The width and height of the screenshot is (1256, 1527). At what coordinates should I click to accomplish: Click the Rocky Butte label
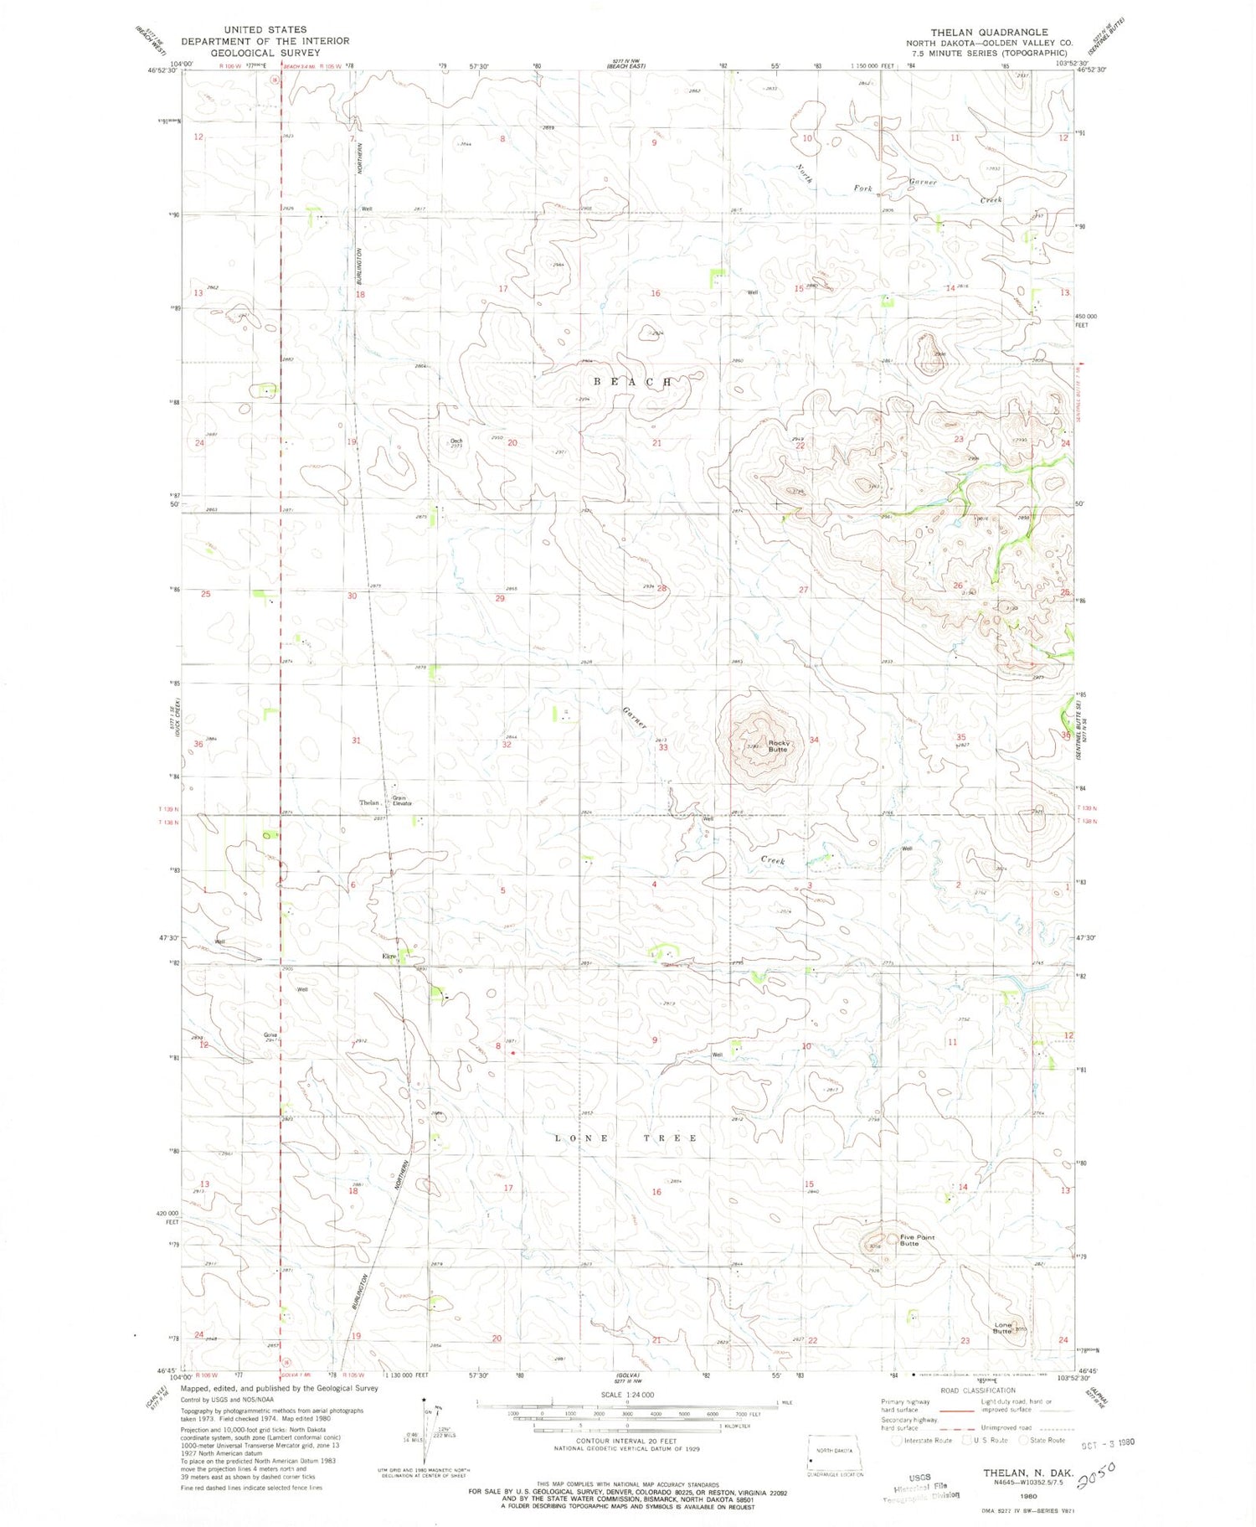coord(778,745)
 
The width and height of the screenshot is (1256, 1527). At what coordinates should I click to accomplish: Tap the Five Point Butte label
coord(917,1240)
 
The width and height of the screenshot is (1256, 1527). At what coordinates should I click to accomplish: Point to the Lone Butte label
coord(1001,1328)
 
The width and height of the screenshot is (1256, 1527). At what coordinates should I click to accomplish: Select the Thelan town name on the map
coord(368,802)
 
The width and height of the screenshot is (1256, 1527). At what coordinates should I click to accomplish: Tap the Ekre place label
coord(389,956)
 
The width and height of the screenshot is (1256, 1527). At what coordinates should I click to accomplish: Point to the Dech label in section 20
coord(456,441)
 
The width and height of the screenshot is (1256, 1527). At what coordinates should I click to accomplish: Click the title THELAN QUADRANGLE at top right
coord(989,32)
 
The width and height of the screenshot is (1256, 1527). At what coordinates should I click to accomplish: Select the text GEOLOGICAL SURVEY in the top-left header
coord(265,52)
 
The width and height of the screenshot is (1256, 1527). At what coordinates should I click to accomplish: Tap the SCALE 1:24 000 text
coord(626,1395)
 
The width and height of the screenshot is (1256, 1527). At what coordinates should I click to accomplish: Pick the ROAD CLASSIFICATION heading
coord(977,1390)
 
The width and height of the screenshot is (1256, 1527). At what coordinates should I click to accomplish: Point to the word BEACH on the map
coord(632,382)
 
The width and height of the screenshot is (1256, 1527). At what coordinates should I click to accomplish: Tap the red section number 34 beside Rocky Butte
coord(813,740)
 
